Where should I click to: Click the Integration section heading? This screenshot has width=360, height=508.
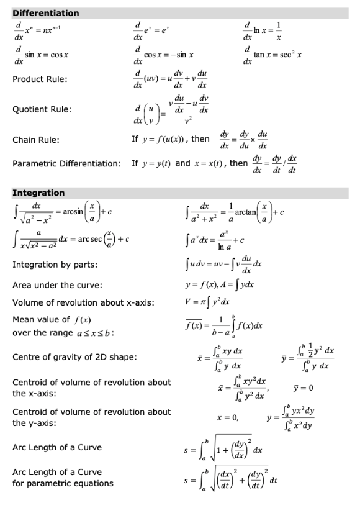[38, 193]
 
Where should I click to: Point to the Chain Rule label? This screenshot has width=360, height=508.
[36, 140]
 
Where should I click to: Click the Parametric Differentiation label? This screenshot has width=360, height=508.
[66, 164]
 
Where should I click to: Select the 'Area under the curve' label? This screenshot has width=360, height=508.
[56, 286]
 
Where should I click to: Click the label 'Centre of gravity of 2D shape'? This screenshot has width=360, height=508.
[75, 357]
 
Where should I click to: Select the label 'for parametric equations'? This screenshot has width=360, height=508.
[63, 483]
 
